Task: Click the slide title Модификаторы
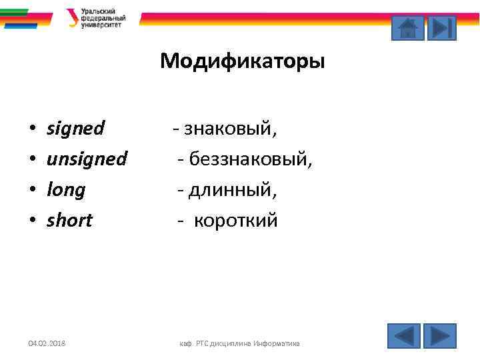tap(242, 62)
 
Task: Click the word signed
tap(75, 128)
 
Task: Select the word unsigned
tap(87, 159)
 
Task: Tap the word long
tap(66, 190)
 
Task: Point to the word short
tap(69, 221)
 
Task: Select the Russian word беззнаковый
tap(250, 159)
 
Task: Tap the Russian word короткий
tap(235, 221)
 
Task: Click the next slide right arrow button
tap(440, 335)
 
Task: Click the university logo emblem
tap(72, 18)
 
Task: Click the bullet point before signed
tap(31, 129)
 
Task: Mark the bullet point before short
tap(31, 221)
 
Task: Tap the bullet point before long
tap(31, 191)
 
